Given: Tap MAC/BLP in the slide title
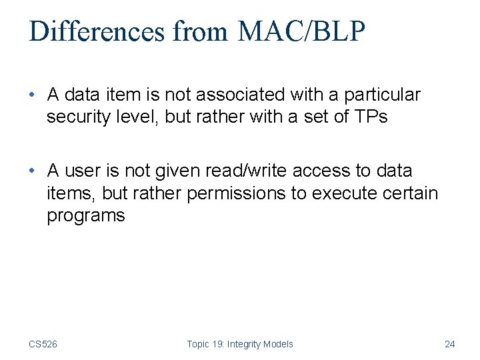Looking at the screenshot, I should click(302, 32).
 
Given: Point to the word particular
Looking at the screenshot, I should click(382, 95).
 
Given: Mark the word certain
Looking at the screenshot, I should click(411, 193).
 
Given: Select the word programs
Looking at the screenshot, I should click(86, 216).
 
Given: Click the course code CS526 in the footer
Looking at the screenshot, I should click(43, 344).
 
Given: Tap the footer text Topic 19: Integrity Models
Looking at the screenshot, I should click(240, 344).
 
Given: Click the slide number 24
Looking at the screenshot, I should click(449, 344).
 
